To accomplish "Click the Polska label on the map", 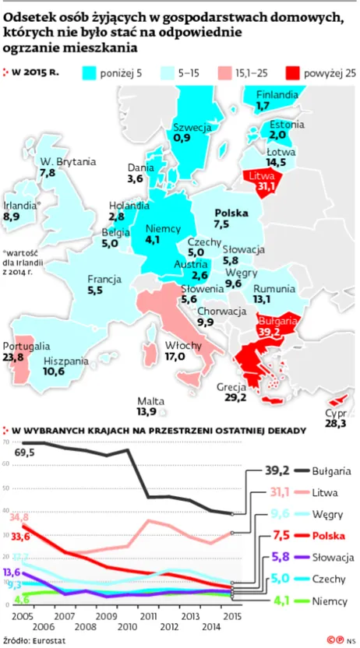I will [x=231, y=213].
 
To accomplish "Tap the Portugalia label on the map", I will [x=27, y=346].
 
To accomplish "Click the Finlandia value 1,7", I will [x=263, y=104].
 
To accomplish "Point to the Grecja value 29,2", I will [x=235, y=397].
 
